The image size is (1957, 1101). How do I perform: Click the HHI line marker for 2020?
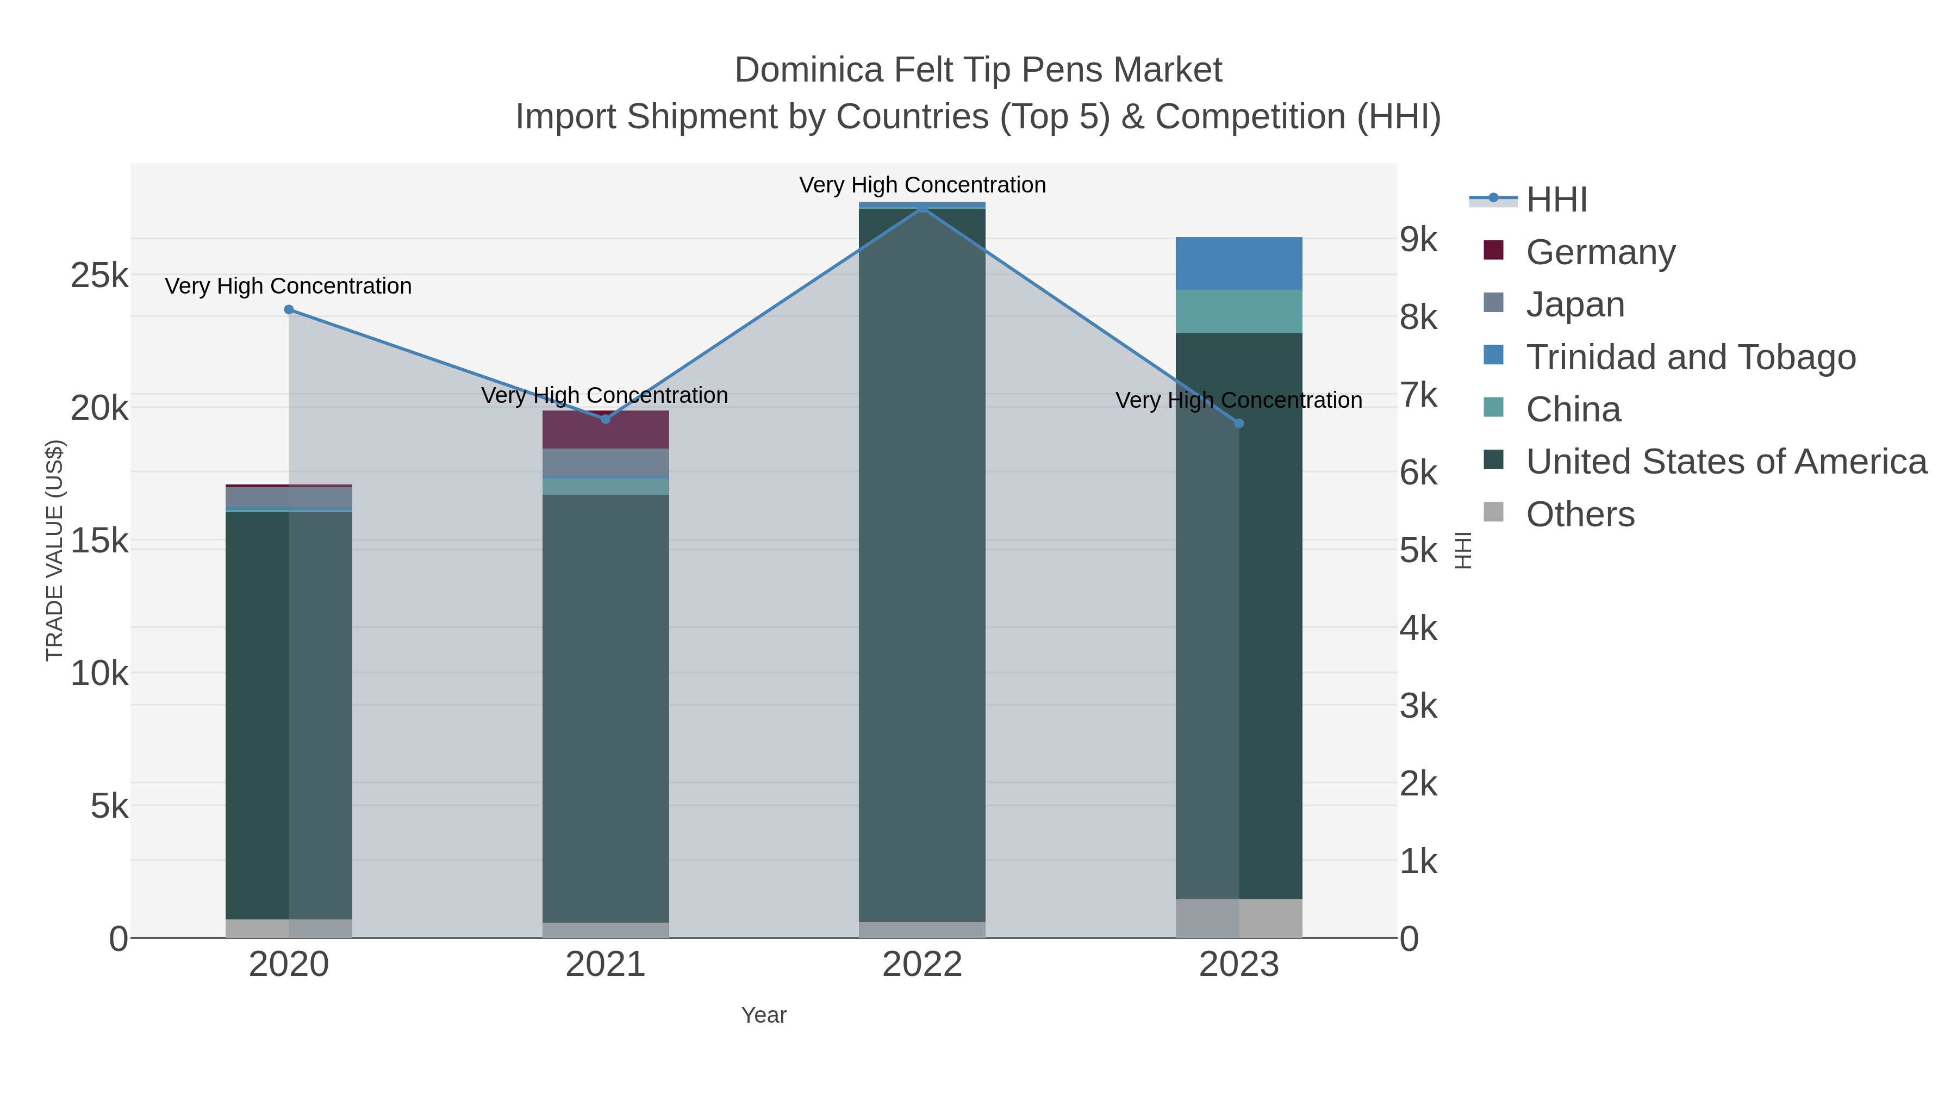[289, 309]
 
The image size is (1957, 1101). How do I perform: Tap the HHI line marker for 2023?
[1239, 423]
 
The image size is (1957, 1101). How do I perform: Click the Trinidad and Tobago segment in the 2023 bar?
[1239, 263]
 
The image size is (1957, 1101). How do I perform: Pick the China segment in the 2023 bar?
[1239, 312]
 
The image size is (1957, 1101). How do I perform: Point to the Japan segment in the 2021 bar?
[606, 462]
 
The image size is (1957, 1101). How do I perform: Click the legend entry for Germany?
[1600, 252]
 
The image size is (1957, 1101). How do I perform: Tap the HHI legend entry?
[1556, 200]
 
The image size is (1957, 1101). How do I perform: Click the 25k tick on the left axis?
[99, 275]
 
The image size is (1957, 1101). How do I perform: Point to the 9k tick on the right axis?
[1418, 239]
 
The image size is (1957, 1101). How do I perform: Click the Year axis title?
[764, 1015]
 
